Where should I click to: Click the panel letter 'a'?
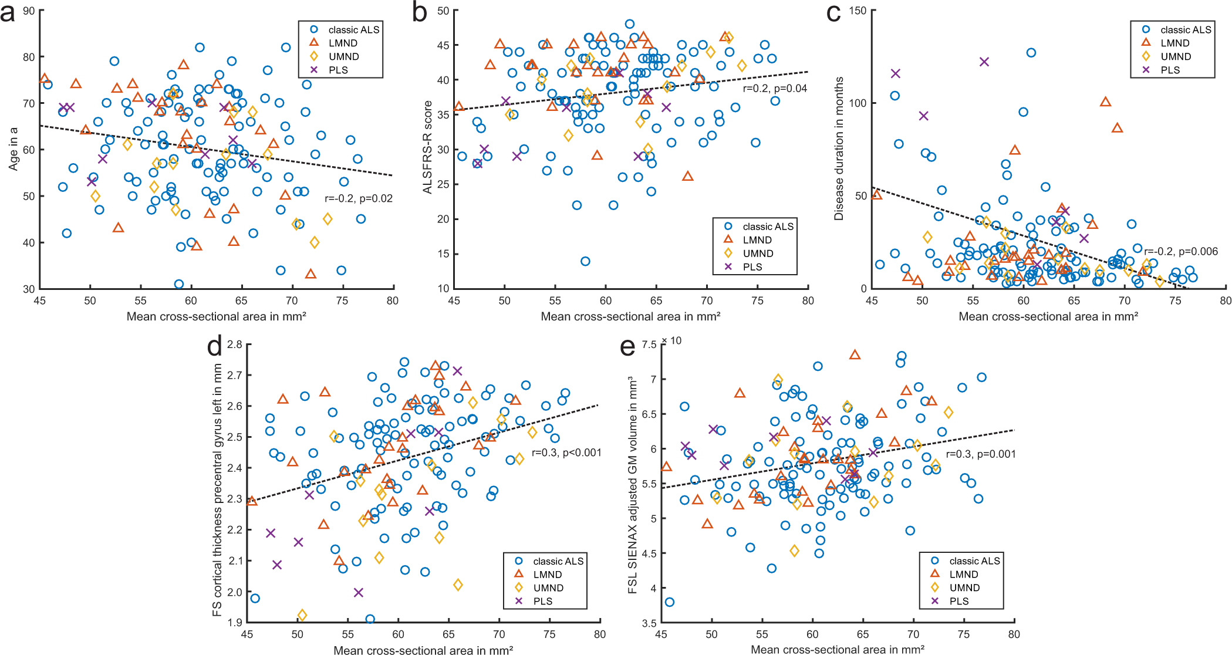(x=8, y=13)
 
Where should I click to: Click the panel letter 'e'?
(x=627, y=347)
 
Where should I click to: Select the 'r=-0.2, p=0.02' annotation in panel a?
(x=359, y=198)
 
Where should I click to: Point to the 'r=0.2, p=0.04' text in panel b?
(x=775, y=89)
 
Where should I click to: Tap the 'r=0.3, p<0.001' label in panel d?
(x=566, y=453)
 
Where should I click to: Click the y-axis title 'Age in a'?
(x=13, y=149)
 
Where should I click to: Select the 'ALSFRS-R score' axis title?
(x=427, y=147)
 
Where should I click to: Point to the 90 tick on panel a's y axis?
(x=29, y=11)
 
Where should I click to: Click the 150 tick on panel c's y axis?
(x=858, y=11)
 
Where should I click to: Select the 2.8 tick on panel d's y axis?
(x=235, y=345)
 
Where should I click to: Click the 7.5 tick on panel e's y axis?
(x=649, y=345)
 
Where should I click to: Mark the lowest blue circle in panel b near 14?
(x=585, y=261)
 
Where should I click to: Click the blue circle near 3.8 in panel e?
(x=669, y=602)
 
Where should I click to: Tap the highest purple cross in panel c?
(x=984, y=62)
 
